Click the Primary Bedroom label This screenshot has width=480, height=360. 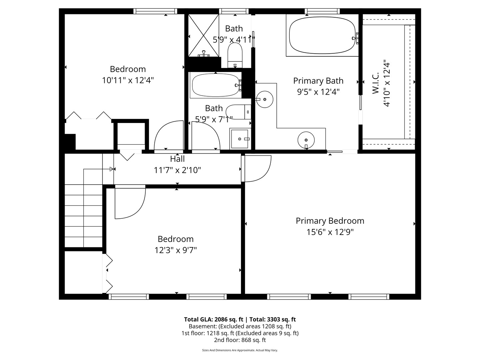(x=330, y=221)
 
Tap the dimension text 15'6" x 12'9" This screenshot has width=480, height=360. (x=330, y=232)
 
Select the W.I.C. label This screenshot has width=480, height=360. (x=376, y=83)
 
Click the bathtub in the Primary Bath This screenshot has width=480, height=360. (x=322, y=35)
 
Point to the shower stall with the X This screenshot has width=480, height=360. (x=203, y=35)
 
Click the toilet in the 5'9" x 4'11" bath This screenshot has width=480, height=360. (x=235, y=55)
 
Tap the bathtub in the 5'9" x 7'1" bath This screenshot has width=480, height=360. (x=215, y=85)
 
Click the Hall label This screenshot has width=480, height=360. (x=177, y=159)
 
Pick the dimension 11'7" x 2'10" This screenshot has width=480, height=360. (x=177, y=170)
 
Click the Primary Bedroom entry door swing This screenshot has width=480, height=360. (x=257, y=168)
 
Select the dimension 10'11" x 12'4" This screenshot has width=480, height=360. (x=128, y=80)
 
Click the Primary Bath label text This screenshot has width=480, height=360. (x=318, y=81)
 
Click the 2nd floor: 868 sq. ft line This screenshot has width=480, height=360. (x=240, y=340)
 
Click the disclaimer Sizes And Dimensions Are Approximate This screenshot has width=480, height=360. (x=240, y=350)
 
